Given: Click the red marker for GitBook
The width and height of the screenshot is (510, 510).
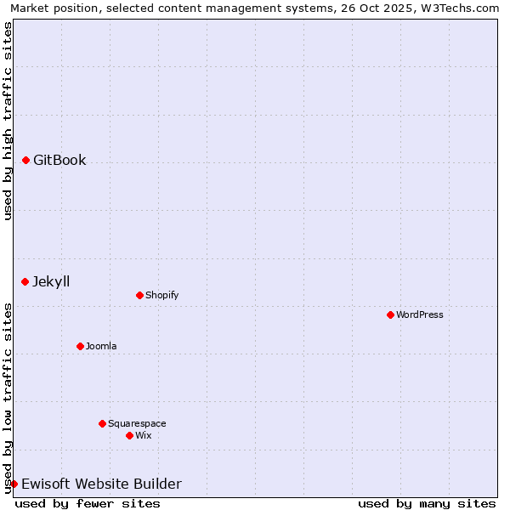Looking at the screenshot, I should click(26, 160).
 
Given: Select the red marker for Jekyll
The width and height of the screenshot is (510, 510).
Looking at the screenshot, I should click(25, 281).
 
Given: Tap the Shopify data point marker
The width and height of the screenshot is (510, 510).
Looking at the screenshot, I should click(140, 295).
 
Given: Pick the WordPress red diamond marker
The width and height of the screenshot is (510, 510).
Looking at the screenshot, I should click(391, 314).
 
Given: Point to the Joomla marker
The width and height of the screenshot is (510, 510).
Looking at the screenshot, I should click(81, 346).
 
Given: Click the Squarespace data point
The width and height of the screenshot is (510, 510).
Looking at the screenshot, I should click(103, 423).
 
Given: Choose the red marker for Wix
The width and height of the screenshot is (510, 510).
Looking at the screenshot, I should click(130, 435).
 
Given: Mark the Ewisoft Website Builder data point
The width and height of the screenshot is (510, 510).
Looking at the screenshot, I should click(14, 484).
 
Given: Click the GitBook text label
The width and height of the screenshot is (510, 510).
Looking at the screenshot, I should click(59, 160).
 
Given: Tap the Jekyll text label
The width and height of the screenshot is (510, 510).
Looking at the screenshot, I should click(51, 281).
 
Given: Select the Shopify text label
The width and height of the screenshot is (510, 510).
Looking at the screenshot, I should click(161, 295).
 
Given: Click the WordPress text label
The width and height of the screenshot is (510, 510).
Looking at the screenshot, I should click(420, 314).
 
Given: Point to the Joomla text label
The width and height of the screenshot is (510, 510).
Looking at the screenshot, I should click(101, 346).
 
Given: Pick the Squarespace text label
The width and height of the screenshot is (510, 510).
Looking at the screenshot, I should click(137, 423).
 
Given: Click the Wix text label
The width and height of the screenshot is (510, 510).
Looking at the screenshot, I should click(143, 435).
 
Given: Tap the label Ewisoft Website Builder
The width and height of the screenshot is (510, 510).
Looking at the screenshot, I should click(101, 484).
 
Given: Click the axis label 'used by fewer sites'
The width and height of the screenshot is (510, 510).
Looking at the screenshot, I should click(88, 503).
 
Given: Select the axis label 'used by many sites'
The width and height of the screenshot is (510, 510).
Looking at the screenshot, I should click(427, 503).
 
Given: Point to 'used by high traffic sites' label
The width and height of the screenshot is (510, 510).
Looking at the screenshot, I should click(8, 121).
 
